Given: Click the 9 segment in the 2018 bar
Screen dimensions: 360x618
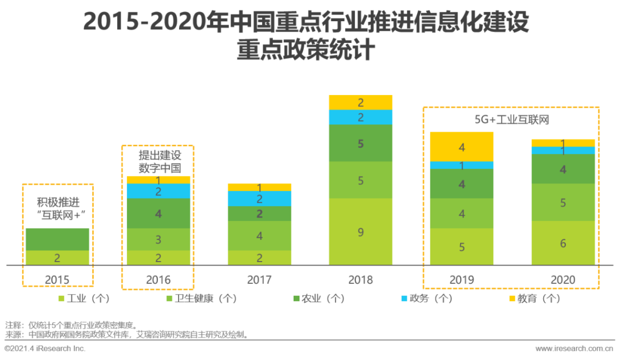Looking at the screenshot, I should tap(360, 232).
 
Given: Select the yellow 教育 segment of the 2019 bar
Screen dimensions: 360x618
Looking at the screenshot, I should tap(462, 147).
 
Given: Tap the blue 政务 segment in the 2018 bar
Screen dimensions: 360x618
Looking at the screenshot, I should tap(360, 117).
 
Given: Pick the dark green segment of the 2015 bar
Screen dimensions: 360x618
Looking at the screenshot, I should tap(57, 239).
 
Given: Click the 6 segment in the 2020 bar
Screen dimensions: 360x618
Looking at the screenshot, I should tap(563, 243).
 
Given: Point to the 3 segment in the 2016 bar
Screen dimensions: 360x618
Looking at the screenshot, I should tap(159, 239).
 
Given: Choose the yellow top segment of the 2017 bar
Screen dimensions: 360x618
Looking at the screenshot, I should tap(259, 187).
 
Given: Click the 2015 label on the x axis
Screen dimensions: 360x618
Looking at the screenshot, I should tap(57, 280).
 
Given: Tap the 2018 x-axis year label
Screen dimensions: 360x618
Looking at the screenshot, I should tap(360, 280).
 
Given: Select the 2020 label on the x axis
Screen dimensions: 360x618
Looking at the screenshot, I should tap(563, 280).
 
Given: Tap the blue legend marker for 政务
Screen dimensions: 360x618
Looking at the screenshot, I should tap(404, 298).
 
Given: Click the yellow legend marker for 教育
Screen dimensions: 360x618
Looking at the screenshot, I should tap(511, 298).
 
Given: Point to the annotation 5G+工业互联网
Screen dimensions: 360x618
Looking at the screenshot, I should tap(511, 120).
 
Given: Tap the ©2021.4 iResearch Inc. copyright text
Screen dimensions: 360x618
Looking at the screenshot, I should tap(45, 348).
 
